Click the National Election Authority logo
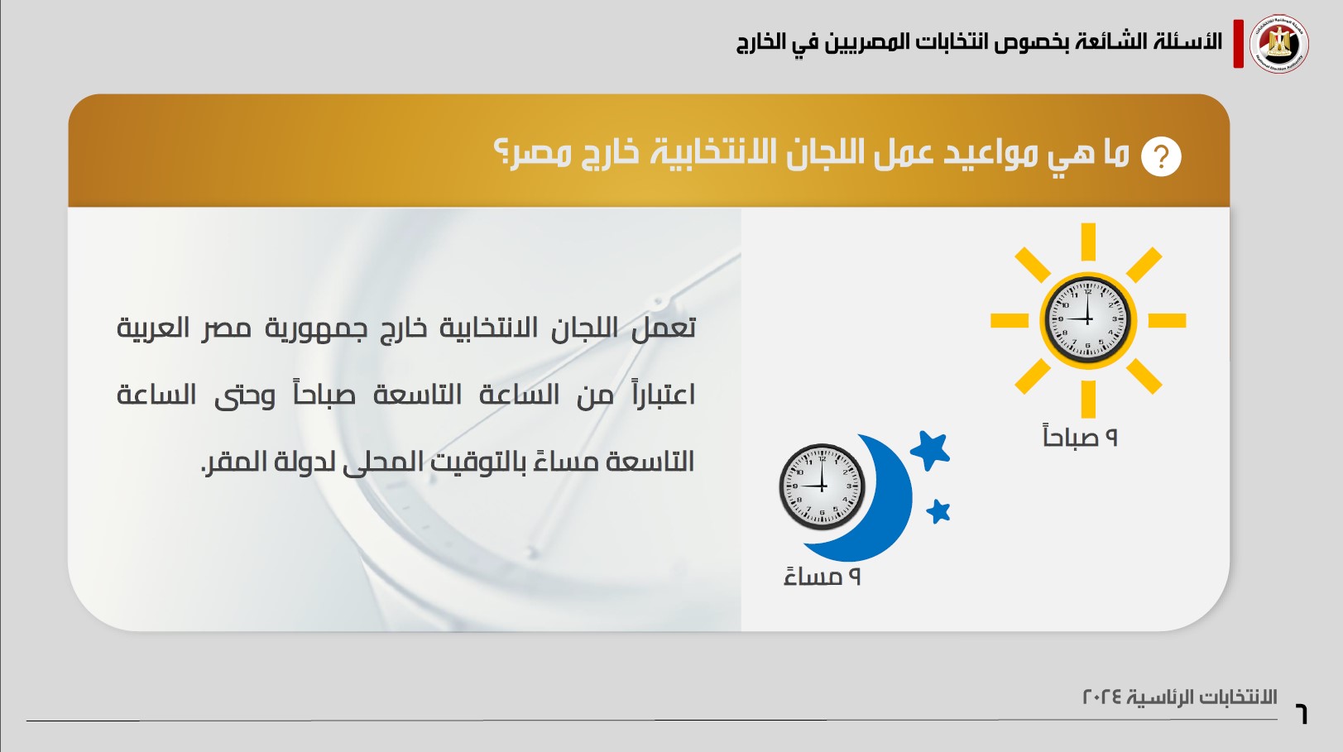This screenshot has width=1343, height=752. click(x=1278, y=44)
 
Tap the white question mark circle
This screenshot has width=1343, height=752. click(x=1161, y=157)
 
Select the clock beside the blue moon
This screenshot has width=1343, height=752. click(x=822, y=486)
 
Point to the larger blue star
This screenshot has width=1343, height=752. click(x=931, y=450)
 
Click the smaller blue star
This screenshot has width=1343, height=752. click(x=938, y=512)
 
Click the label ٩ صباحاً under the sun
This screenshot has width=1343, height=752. click(x=1081, y=436)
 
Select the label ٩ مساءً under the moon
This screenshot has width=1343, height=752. click(x=822, y=577)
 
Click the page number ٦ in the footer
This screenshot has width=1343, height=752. click(x=1301, y=714)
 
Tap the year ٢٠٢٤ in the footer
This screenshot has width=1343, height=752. click(x=1103, y=697)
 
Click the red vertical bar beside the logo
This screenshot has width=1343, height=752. click(x=1238, y=44)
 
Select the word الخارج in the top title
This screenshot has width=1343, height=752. click(x=760, y=43)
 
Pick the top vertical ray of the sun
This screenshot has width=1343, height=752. click(x=1088, y=242)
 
